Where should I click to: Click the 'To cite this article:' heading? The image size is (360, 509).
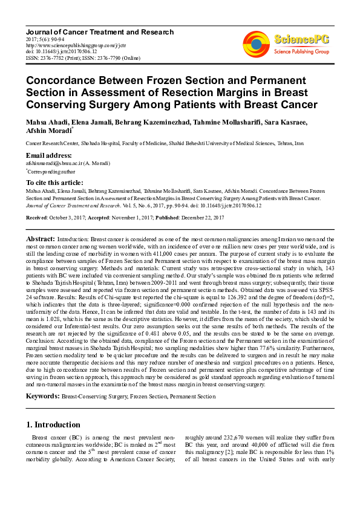(54, 183)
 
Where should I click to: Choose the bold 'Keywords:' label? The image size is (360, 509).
(43, 397)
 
